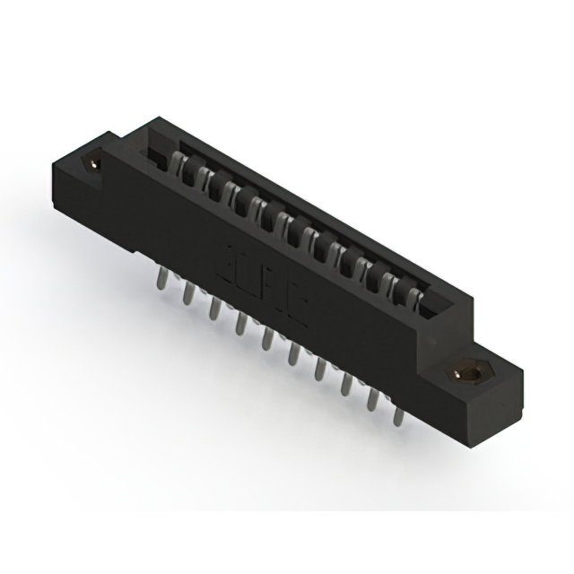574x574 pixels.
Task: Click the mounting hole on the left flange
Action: click(92, 163)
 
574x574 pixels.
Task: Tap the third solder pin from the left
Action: click(215, 308)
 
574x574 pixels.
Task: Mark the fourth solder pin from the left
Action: click(240, 323)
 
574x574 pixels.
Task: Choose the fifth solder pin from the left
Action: click(266, 338)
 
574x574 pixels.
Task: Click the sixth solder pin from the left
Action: click(292, 352)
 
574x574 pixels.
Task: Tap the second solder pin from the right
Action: click(371, 397)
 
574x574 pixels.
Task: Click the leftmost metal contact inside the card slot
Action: click(177, 164)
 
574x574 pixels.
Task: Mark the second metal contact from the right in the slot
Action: click(392, 283)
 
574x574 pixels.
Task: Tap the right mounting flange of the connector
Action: click(484, 381)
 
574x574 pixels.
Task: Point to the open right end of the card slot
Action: click(436, 310)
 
